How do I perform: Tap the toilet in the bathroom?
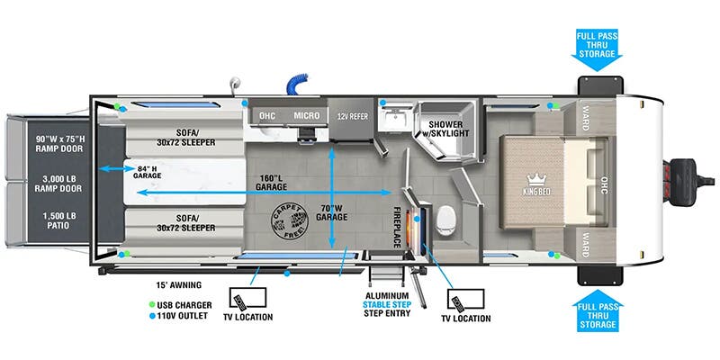pyautogui.click(x=445, y=219)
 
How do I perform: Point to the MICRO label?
pyautogui.click(x=307, y=116)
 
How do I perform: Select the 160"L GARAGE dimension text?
pyautogui.click(x=257, y=182)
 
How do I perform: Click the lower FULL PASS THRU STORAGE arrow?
pyautogui.click(x=597, y=316)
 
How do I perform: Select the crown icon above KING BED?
pyautogui.click(x=538, y=176)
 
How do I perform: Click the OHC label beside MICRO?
pyautogui.click(x=267, y=116)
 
